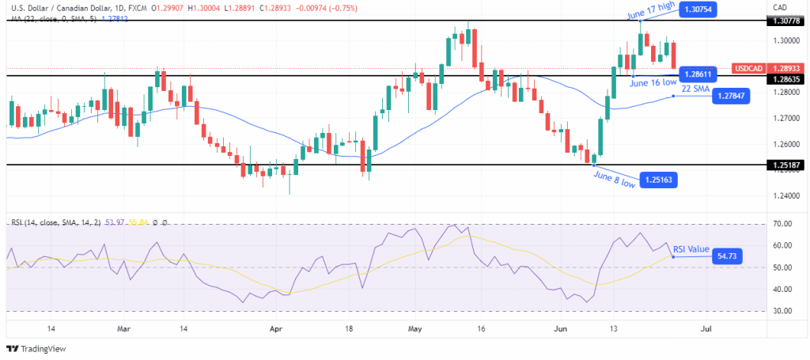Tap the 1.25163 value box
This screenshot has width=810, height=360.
point(657,180)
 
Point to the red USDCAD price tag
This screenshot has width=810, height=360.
point(749,69)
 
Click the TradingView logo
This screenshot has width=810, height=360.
point(37,348)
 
